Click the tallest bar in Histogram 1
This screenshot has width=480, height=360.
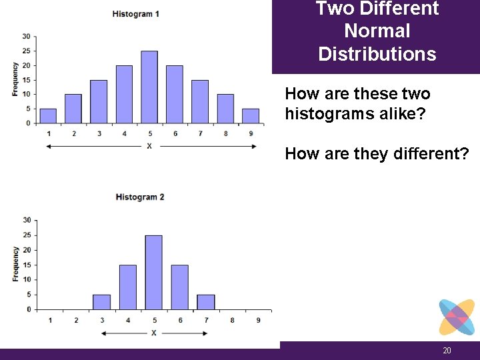pos(149,87)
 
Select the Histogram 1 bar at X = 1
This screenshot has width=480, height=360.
pos(48,116)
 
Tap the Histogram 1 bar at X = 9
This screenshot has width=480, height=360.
pos(250,116)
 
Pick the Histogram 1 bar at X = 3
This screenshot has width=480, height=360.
pos(99,101)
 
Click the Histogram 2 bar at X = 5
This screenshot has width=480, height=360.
pos(153,272)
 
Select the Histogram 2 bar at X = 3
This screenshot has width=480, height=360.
pos(101,302)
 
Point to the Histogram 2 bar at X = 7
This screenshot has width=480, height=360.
pos(206,302)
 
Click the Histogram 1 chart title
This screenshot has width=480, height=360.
pos(136,14)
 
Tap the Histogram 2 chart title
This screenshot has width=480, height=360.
pos(140,197)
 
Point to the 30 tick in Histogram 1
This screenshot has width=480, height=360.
pos(25,36)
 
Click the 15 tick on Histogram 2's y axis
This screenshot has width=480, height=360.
pos(27,265)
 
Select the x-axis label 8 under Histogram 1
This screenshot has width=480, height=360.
pos(225,134)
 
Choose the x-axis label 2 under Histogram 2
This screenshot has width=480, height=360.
pos(76,321)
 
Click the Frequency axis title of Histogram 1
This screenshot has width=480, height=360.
pos(15,79)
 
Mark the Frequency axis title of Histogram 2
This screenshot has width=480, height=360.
pos(15,264)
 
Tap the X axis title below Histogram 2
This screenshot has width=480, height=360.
pos(154,332)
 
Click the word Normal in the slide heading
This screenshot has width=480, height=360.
pos(377,31)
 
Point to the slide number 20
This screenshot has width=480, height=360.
pos(447,351)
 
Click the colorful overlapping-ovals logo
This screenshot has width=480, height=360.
pos(457,317)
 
